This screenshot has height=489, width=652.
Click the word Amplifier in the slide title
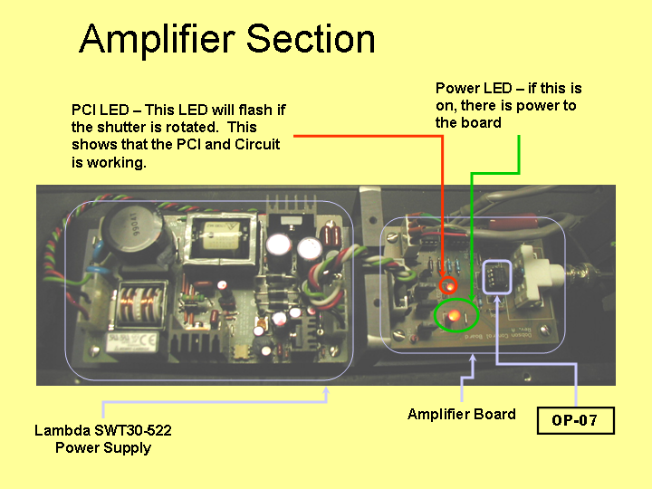tap(158, 40)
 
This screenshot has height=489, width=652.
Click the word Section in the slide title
tap(311, 39)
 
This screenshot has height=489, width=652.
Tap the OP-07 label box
tap(576, 420)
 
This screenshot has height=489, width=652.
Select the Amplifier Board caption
tap(462, 414)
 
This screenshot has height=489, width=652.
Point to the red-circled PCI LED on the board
tap(449, 286)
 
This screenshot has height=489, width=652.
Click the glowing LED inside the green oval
tap(454, 316)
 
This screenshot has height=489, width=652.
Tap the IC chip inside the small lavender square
tap(498, 277)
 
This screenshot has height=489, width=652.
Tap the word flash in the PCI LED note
tap(255, 110)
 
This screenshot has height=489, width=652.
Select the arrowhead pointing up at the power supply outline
tap(326, 391)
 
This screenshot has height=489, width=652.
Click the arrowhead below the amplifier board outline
tap(473, 359)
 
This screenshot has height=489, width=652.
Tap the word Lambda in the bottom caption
tap(62, 430)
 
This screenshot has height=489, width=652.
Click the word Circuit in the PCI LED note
tap(257, 144)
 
